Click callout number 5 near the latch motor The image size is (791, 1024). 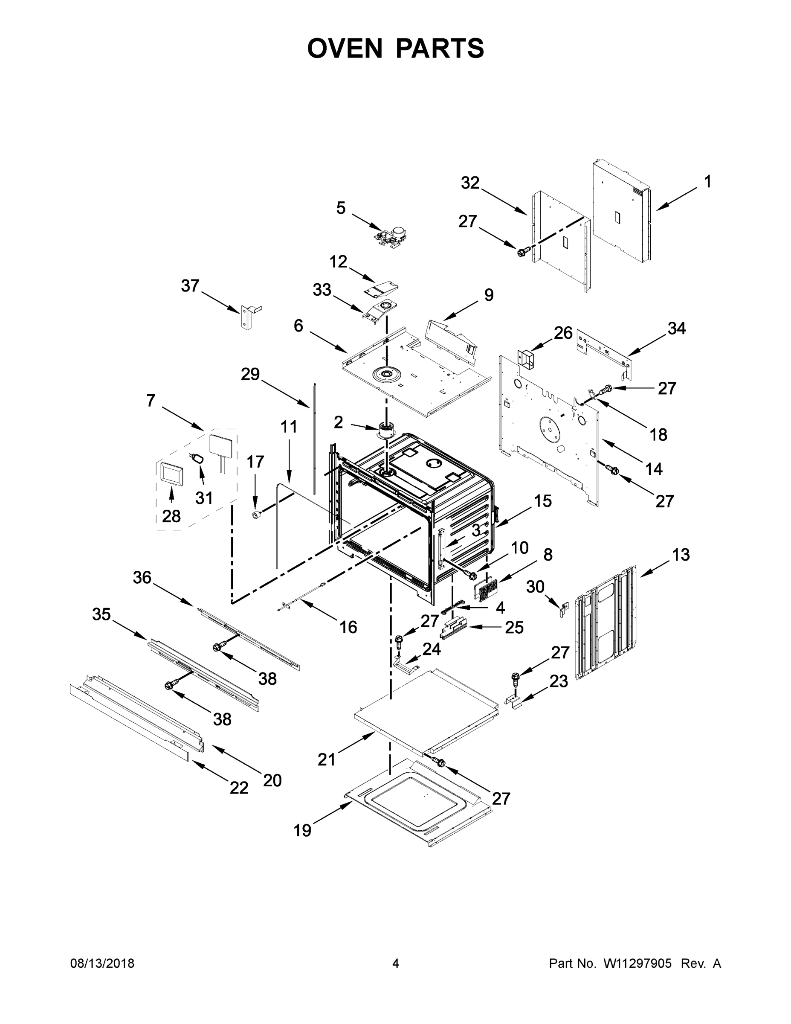pyautogui.click(x=341, y=208)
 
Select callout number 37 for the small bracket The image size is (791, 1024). pyautogui.click(x=190, y=285)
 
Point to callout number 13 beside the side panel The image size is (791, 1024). pyautogui.click(x=681, y=555)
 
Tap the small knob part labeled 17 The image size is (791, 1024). pyautogui.click(x=256, y=515)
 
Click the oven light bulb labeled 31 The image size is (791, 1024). pyautogui.click(x=199, y=458)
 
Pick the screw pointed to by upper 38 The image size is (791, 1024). pyautogui.click(x=217, y=647)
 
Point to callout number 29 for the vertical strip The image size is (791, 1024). pyautogui.click(x=250, y=374)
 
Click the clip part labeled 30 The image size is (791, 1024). pyautogui.click(x=564, y=608)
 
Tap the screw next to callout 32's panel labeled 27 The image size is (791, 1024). pyautogui.click(x=522, y=252)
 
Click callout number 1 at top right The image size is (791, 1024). pyautogui.click(x=707, y=181)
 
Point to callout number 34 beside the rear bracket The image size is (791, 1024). pyautogui.click(x=676, y=329)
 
